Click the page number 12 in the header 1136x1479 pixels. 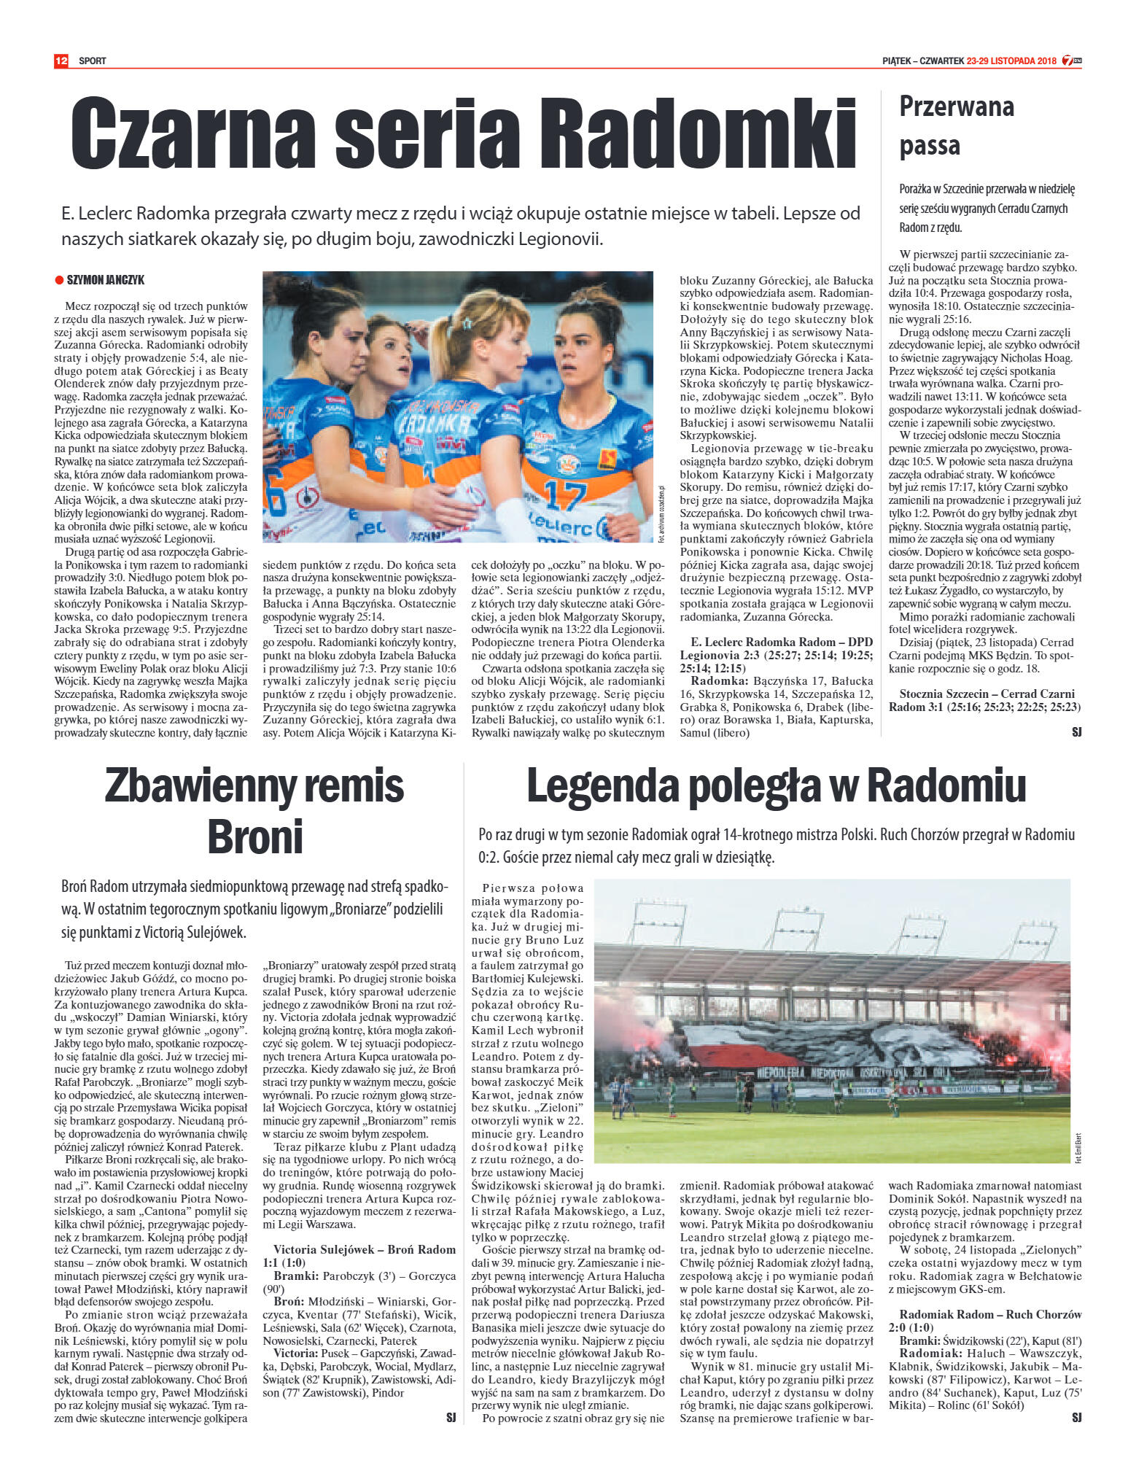pos(61,61)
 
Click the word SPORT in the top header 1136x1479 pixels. pos(93,61)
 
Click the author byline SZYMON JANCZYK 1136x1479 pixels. pos(105,280)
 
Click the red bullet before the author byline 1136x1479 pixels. pos(59,280)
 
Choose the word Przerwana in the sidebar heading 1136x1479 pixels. pos(956,106)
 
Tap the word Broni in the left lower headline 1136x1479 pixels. pos(254,836)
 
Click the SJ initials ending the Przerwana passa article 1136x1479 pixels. pos(1076,731)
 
